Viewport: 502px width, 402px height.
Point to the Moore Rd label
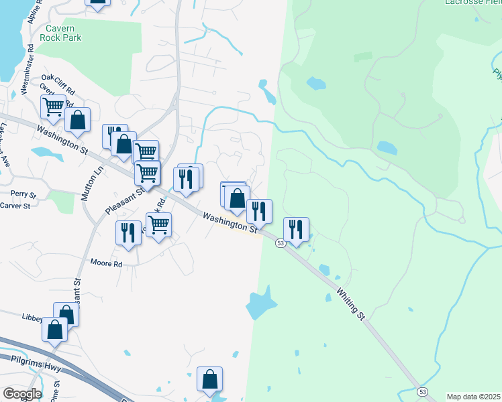point(107,264)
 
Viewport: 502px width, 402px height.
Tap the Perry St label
point(23,194)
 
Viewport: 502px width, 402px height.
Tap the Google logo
point(22,394)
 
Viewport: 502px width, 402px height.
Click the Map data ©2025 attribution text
point(473,397)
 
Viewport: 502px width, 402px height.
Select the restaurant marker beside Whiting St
point(296,228)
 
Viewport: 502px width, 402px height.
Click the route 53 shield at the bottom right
point(421,391)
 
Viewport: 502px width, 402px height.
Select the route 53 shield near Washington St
point(281,243)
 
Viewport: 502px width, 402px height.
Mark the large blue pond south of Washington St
point(260,305)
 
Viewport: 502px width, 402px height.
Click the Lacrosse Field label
point(473,2)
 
